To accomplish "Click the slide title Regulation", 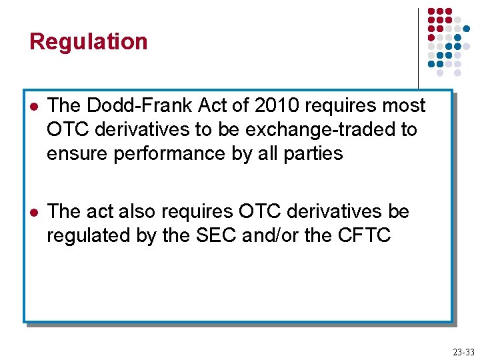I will point(88,42).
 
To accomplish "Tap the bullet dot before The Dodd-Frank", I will point(32,107).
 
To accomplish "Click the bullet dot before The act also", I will point(32,213).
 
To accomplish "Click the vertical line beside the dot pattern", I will point(418,47).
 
